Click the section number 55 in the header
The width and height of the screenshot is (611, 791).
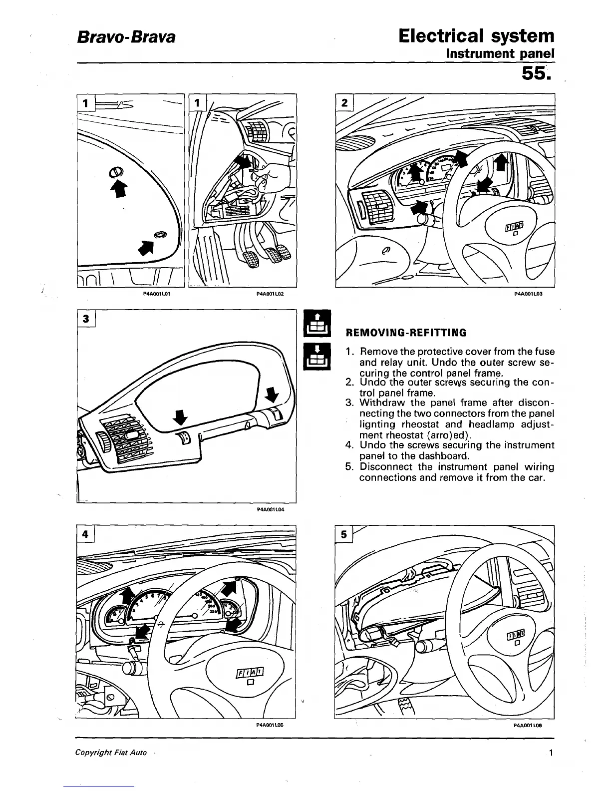535,74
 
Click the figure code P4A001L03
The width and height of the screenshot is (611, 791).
528,294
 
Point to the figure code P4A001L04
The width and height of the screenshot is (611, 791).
270,510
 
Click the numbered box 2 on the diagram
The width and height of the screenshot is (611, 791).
344,103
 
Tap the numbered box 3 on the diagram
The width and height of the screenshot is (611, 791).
86,319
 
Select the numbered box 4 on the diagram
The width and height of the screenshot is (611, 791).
86,534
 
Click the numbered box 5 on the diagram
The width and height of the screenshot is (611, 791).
344,534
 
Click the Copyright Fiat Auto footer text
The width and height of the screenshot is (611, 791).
111,753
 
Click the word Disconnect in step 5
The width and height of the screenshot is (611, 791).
386,467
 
